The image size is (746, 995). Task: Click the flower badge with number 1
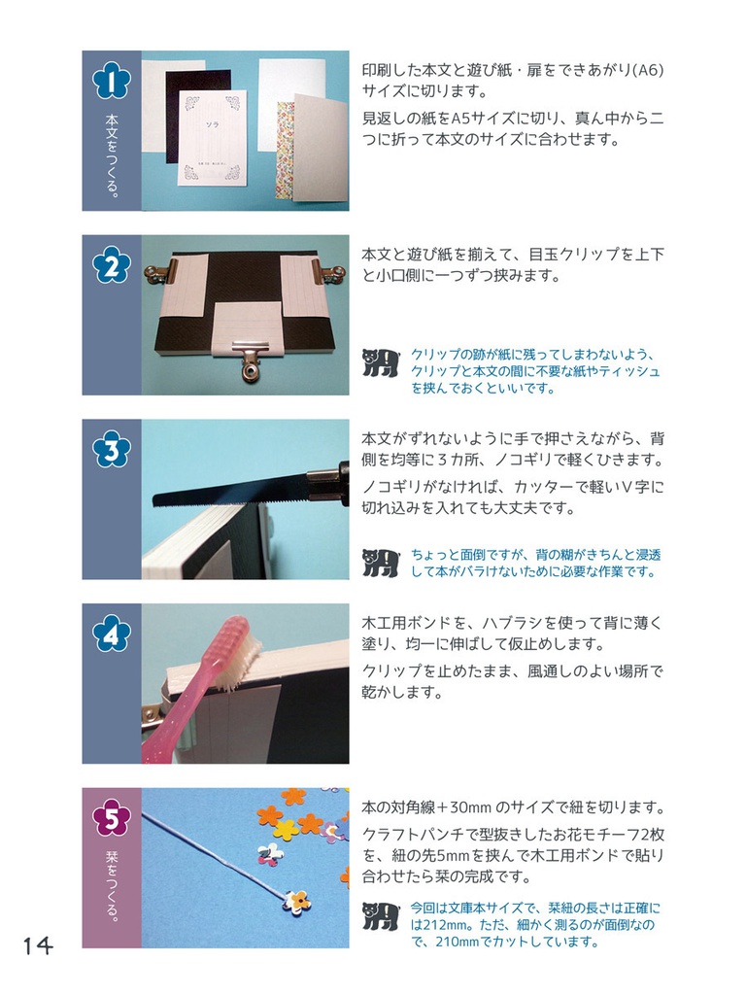coord(111,81)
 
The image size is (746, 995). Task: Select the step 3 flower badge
coord(111,449)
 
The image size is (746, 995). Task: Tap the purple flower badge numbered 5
coord(111,818)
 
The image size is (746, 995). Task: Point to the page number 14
coord(38,945)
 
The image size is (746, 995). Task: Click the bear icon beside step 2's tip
coord(381,362)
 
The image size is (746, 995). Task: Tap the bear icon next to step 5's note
coord(381,915)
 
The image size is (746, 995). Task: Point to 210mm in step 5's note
coord(450,942)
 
